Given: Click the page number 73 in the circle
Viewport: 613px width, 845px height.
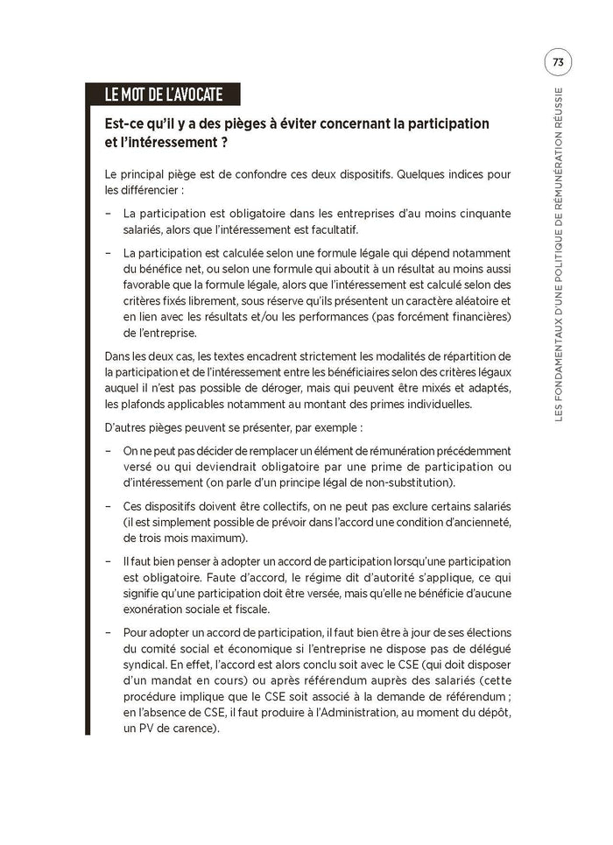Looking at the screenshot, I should click(x=558, y=63).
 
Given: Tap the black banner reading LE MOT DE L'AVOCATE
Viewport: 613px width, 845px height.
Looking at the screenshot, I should click(x=163, y=95).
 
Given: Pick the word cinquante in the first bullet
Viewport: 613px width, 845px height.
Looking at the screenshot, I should click(x=482, y=214).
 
